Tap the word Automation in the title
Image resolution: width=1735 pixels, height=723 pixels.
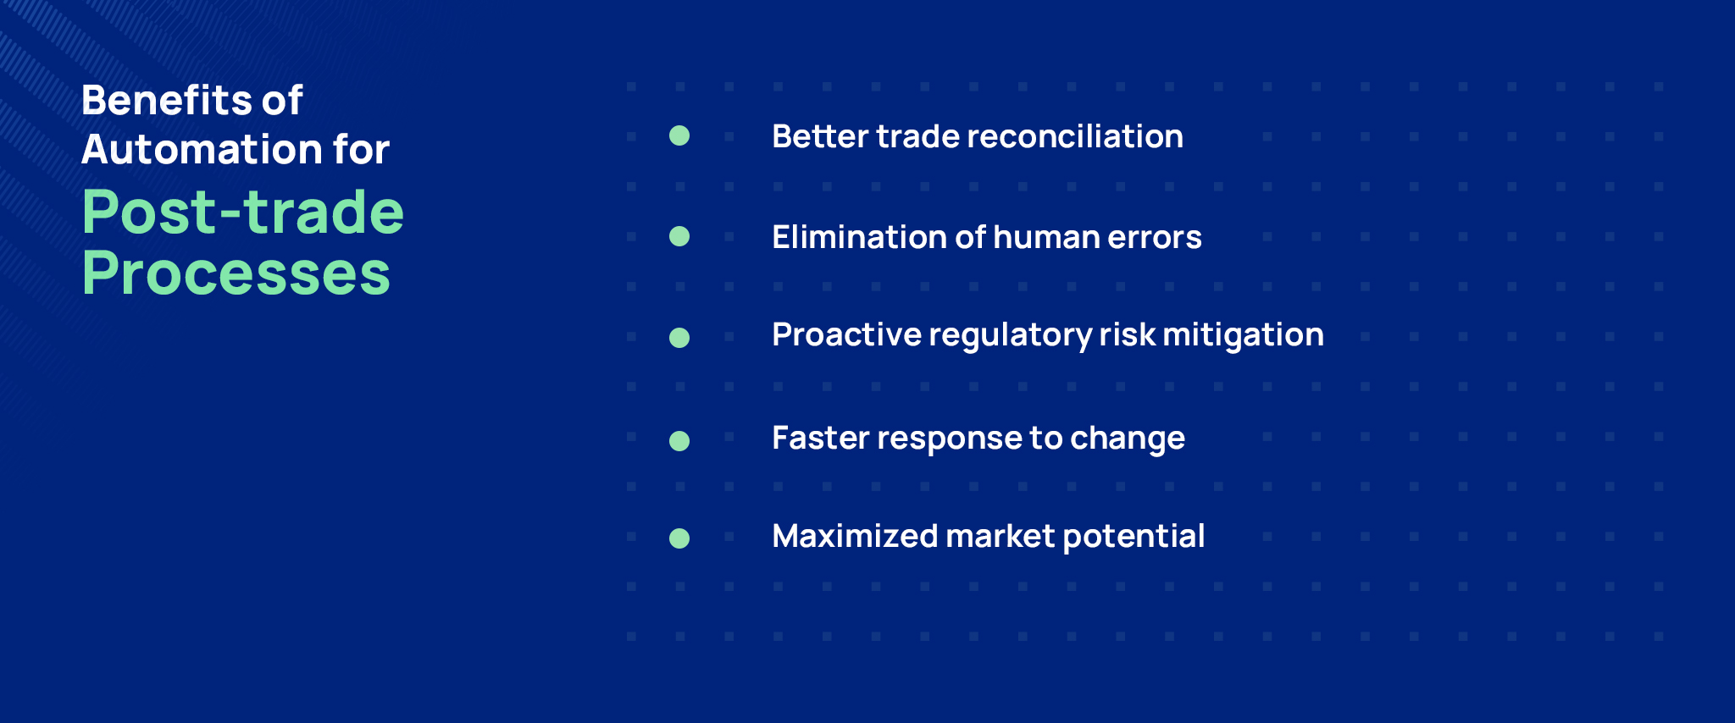(x=202, y=150)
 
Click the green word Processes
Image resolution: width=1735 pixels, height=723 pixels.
(x=236, y=273)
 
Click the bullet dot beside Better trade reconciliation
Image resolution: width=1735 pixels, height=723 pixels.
(x=679, y=135)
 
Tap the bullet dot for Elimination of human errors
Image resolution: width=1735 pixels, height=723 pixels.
(x=679, y=236)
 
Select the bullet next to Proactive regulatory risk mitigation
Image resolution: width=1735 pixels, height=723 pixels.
(x=679, y=338)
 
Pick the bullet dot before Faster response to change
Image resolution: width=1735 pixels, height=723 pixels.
(x=679, y=440)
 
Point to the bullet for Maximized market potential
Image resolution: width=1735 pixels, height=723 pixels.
(x=679, y=538)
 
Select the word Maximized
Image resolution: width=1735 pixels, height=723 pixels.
(x=854, y=536)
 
